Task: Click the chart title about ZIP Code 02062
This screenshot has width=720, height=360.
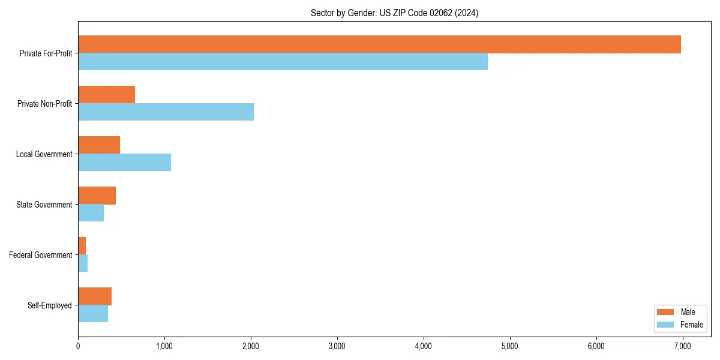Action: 394,13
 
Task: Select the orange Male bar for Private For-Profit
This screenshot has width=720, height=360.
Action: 379,44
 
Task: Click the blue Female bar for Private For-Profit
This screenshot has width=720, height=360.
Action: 283,62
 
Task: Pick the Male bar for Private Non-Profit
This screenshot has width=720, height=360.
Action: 106,95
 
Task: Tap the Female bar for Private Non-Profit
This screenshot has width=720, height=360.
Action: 166,112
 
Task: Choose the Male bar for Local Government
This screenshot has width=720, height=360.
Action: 99,145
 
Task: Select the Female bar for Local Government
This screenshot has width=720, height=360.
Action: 124,163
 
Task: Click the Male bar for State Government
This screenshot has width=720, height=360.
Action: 97,196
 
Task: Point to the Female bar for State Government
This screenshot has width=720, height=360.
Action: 91,213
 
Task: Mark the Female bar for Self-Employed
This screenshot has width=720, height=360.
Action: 93,314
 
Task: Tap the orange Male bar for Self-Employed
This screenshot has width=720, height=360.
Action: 95,296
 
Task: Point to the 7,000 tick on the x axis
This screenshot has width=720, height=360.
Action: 682,346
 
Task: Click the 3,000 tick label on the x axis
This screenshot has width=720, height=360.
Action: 337,346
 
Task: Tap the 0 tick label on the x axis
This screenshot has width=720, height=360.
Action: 78,346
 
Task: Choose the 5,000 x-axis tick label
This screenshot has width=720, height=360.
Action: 509,346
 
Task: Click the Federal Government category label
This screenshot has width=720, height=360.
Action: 41,255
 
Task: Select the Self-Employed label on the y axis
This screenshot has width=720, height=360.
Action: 50,305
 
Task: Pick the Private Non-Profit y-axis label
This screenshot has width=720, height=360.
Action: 44,104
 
